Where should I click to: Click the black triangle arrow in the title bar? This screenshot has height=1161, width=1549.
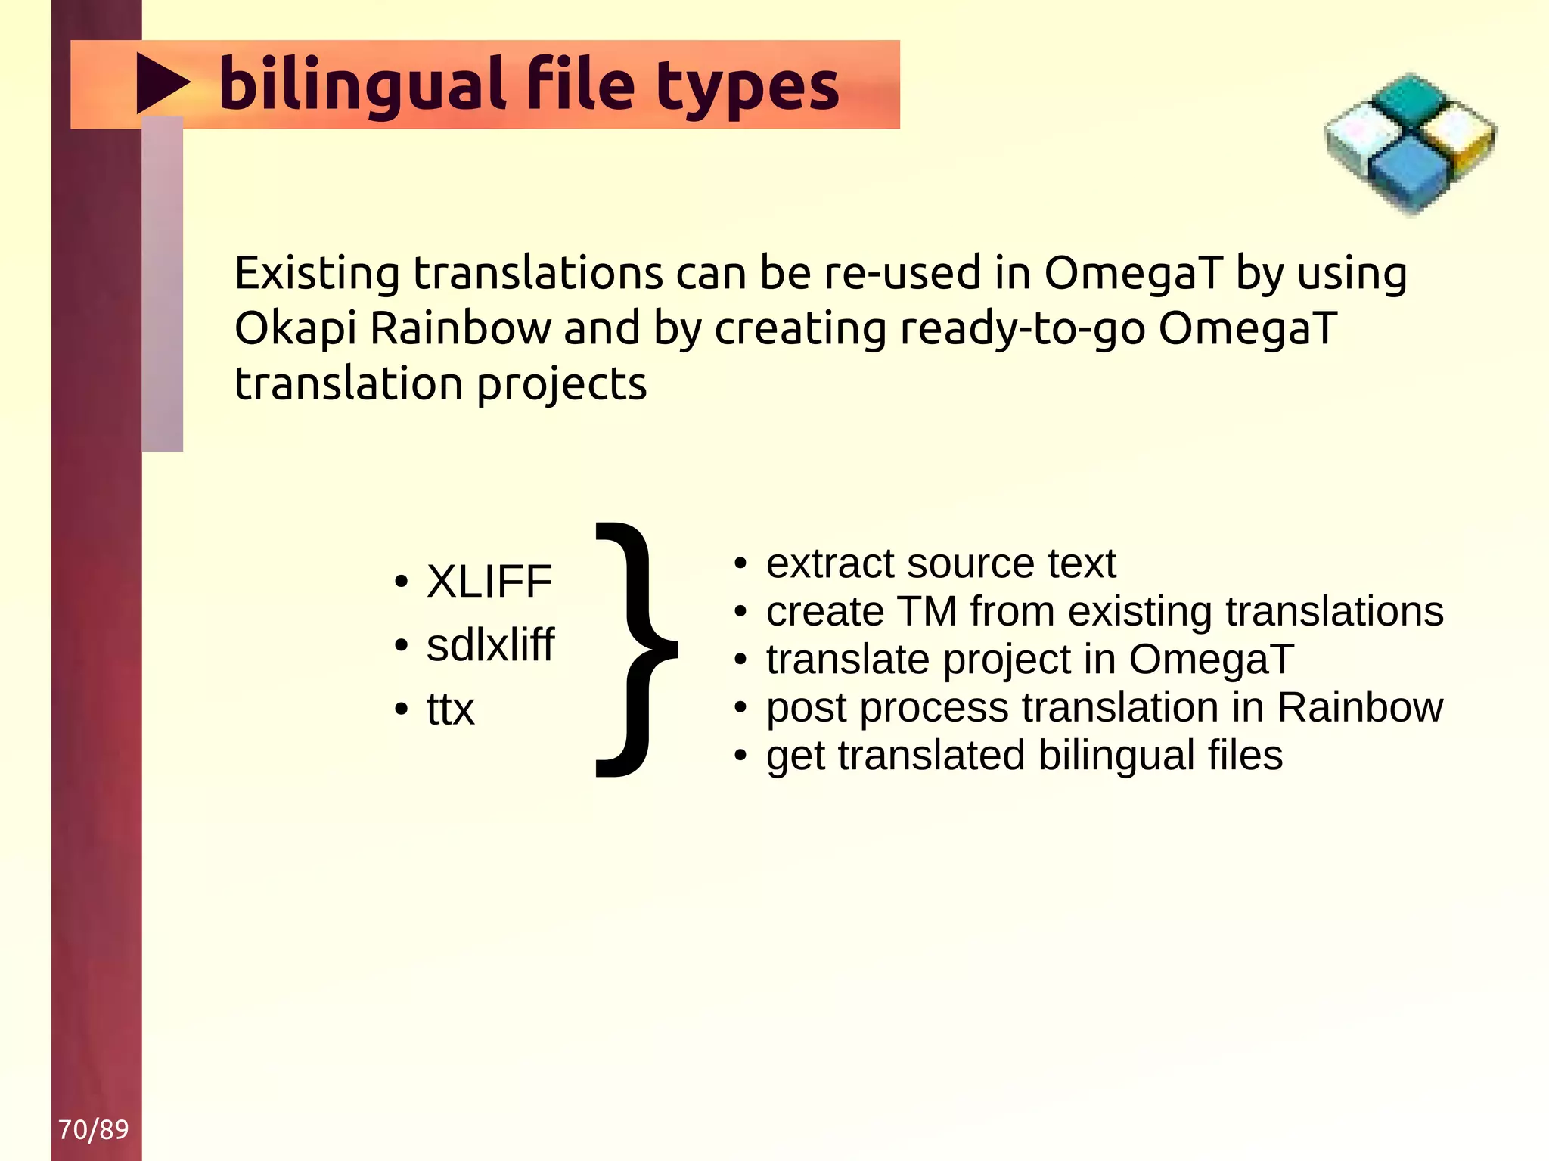(x=160, y=83)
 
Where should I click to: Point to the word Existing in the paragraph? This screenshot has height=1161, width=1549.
(x=317, y=273)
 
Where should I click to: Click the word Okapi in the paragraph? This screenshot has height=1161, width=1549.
(x=296, y=329)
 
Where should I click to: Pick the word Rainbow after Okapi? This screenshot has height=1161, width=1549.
(x=461, y=329)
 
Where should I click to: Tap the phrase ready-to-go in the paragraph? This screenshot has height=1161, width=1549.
(x=1022, y=329)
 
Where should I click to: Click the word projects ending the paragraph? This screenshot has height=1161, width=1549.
(x=561, y=384)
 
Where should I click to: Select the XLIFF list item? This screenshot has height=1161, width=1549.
(x=489, y=582)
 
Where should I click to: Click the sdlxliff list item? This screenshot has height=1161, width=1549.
(x=490, y=644)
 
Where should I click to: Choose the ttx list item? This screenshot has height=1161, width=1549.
(x=450, y=709)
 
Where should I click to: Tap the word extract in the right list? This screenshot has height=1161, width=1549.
(x=829, y=563)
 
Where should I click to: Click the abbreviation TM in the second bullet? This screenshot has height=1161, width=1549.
(x=927, y=611)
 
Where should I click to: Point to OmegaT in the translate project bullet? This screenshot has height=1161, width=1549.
(x=1211, y=659)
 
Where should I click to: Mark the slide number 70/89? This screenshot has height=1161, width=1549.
(x=94, y=1129)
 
